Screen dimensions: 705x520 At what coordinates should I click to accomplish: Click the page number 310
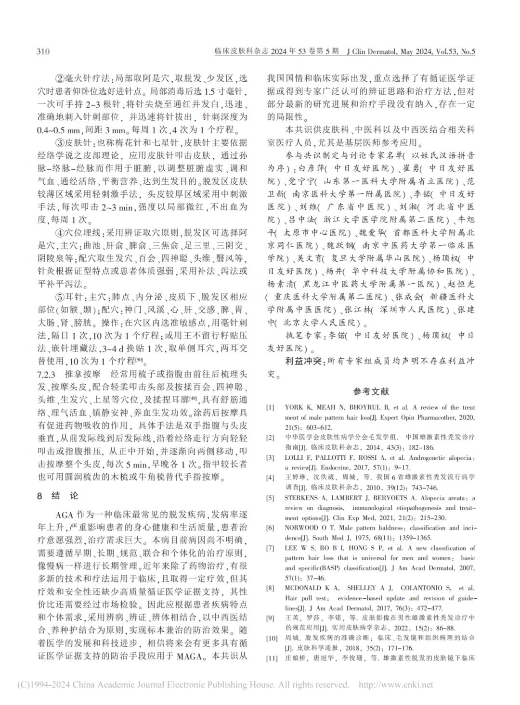pyautogui.click(x=43, y=51)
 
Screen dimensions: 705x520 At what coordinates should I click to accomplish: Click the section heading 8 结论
pyautogui.click(x=57, y=496)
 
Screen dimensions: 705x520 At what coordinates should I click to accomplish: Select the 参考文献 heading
pyautogui.click(x=371, y=392)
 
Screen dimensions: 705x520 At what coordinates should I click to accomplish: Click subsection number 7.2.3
pyautogui.click(x=48, y=373)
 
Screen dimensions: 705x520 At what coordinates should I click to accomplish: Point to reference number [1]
pyautogui.click(x=271, y=407)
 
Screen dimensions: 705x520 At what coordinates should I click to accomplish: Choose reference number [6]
pyautogui.click(x=271, y=528)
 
